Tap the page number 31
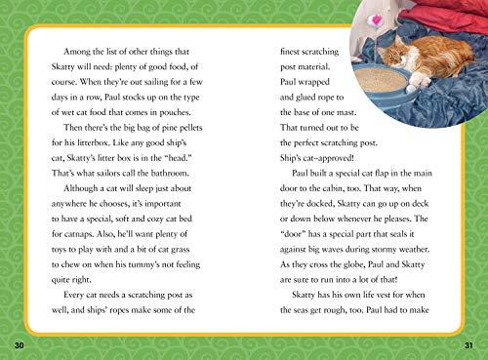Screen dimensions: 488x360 point(470,345)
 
